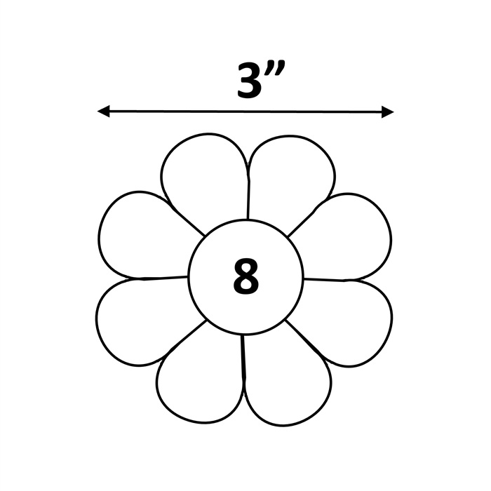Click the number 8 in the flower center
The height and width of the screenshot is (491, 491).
tap(246, 276)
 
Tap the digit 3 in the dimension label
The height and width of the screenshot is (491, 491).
tap(249, 80)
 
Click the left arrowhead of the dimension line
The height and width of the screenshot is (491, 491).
tap(103, 111)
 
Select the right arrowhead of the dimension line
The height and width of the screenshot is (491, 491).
tap(388, 112)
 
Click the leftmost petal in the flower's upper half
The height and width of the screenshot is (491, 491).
tap(144, 235)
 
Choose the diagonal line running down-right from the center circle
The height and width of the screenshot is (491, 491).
tap(304, 339)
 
